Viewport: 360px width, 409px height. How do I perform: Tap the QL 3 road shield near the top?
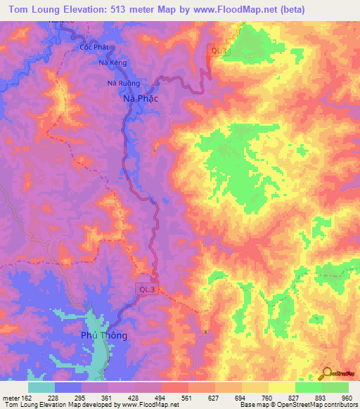tap(218, 50)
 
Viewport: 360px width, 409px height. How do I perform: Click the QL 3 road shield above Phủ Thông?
tap(146, 289)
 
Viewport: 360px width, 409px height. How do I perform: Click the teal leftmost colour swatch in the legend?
tap(41, 388)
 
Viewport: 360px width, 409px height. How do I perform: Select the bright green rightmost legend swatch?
tap(335, 388)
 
